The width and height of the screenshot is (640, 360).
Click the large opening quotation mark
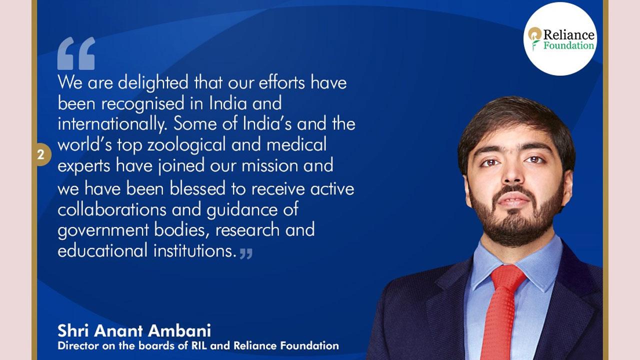click(76, 53)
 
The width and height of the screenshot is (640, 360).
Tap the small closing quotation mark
click(246, 253)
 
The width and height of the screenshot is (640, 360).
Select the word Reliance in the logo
click(568, 35)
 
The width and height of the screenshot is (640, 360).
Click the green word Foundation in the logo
click(568, 45)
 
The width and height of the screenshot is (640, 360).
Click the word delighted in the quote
click(153, 83)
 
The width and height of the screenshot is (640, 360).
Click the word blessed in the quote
click(197, 189)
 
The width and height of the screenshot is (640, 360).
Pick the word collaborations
click(112, 209)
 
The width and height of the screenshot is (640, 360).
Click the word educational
click(103, 250)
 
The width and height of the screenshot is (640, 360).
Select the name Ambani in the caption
click(179, 331)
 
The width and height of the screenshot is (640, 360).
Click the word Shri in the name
click(73, 331)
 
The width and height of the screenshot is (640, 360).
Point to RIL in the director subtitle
click(199, 345)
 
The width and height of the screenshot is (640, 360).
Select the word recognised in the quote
click(143, 103)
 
